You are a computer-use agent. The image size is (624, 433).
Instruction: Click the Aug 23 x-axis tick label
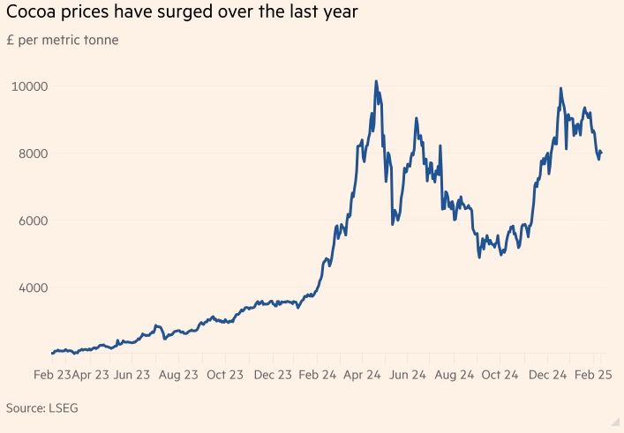tap(178, 375)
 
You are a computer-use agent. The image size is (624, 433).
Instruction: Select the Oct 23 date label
tap(225, 375)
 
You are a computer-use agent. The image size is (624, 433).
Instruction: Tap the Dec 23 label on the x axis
tap(273, 375)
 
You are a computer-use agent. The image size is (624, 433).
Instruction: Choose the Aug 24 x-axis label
tap(455, 375)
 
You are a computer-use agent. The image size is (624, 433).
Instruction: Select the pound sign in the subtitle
tap(10, 40)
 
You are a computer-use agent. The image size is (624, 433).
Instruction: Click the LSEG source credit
tap(71, 408)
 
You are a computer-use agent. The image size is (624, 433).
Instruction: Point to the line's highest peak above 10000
tap(376, 81)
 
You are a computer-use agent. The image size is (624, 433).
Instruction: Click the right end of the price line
tap(601, 153)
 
